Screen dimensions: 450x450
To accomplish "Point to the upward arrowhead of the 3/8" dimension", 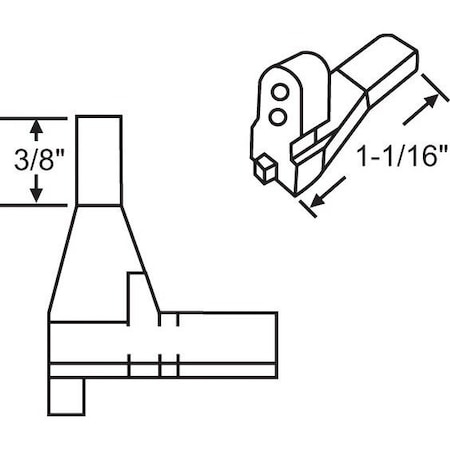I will click(x=37, y=127).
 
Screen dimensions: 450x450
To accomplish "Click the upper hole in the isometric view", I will click(x=281, y=93).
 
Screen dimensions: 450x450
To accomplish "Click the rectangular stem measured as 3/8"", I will click(x=99, y=160).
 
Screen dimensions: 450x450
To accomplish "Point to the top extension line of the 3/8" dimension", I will click(x=40, y=117).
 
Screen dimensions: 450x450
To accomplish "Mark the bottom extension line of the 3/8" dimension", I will click(x=40, y=205).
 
